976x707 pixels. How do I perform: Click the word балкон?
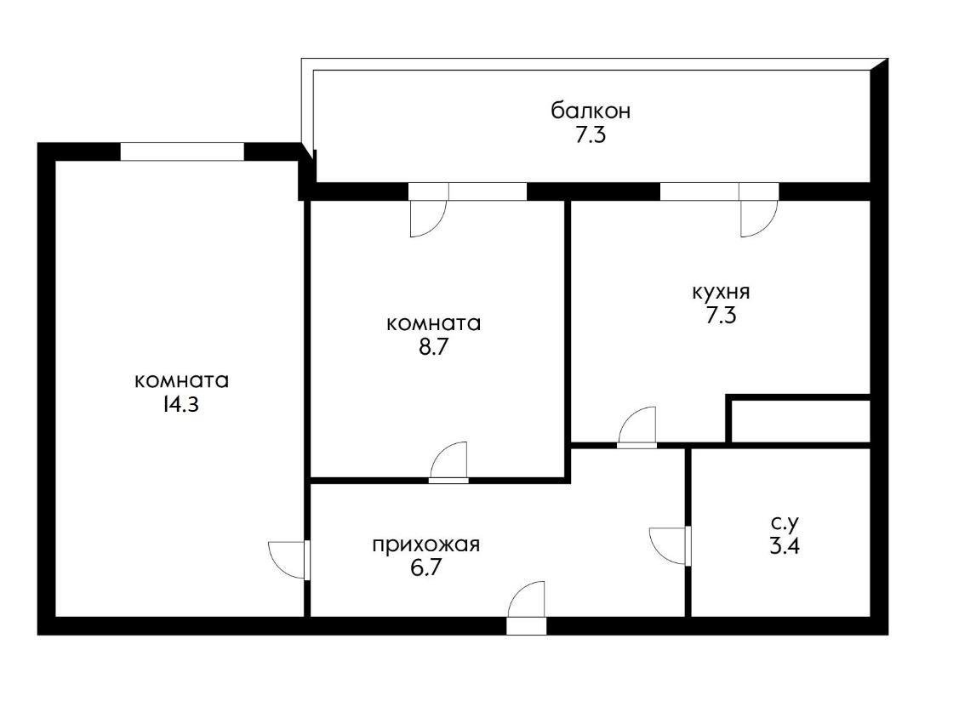590,111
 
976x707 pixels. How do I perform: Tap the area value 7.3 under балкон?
590,135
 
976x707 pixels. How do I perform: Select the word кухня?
720,292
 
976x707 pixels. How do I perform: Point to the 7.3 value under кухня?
720,316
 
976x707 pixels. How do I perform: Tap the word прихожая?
425,545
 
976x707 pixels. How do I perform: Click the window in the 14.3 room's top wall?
182,151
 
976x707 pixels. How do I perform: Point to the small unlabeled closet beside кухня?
800,420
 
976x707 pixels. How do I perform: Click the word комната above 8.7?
433,323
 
